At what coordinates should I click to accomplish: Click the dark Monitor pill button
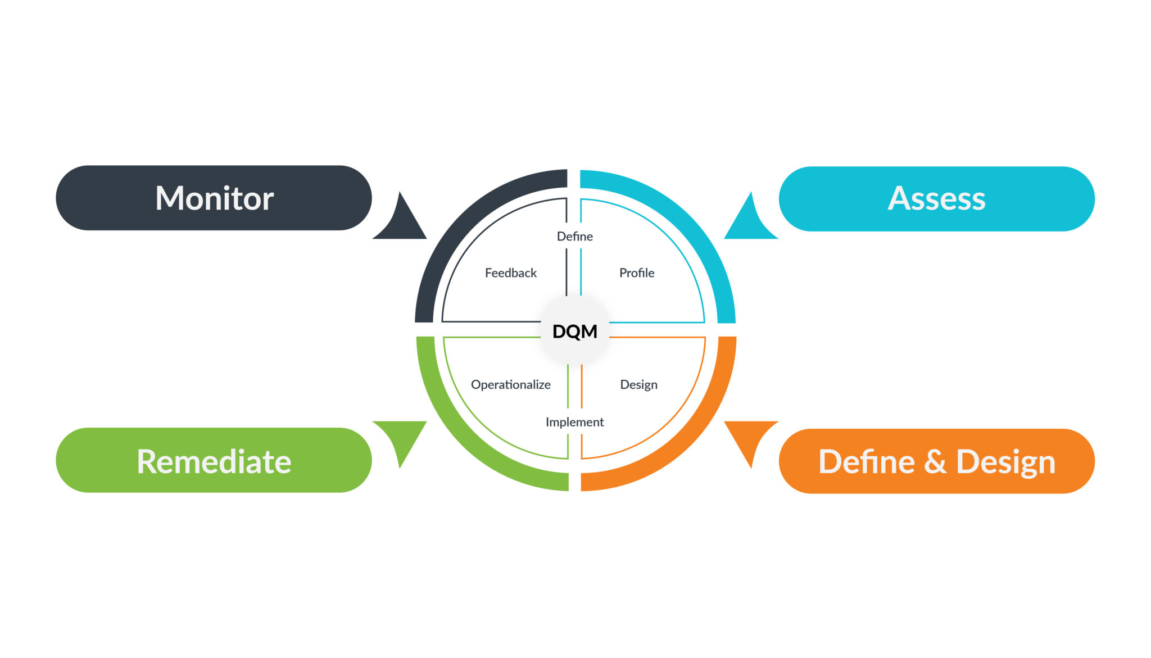tap(214, 198)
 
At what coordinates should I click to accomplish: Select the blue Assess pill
tap(936, 199)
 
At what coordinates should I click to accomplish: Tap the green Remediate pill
tap(214, 461)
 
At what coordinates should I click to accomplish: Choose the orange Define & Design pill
tap(936, 461)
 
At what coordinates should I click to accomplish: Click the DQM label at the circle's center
tap(574, 332)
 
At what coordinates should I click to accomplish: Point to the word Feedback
tap(510, 273)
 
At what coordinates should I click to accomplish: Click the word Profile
tap(637, 273)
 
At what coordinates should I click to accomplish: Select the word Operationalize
tap(510, 385)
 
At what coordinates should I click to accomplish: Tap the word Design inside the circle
tap(638, 385)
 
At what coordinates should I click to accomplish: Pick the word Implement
tap(574, 422)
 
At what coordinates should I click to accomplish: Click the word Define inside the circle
tap(574, 237)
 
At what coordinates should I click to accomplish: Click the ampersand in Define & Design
tap(935, 461)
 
